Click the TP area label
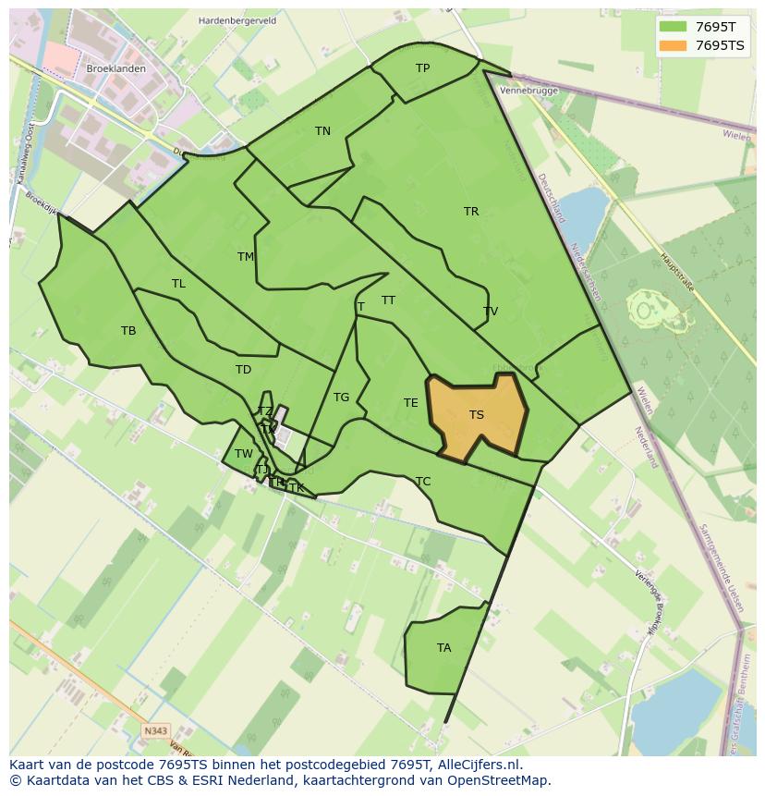pos(422,68)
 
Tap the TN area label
pos(322,131)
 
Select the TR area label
pos(471,212)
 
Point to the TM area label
pos(246,257)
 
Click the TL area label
pos(178,284)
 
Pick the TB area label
pos(128,331)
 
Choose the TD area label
pos(243,370)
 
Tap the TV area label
pos(491,312)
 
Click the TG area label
pos(341,398)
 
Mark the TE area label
pos(411,403)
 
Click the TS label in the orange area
pos(477,415)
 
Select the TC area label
pos(423,482)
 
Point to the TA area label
pos(444,648)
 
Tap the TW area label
pos(243,454)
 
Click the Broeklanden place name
pos(115,69)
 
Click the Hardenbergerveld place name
pos(238,20)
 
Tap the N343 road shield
pos(156,731)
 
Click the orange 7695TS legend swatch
pos(673,45)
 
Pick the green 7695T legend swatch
pos(673,27)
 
